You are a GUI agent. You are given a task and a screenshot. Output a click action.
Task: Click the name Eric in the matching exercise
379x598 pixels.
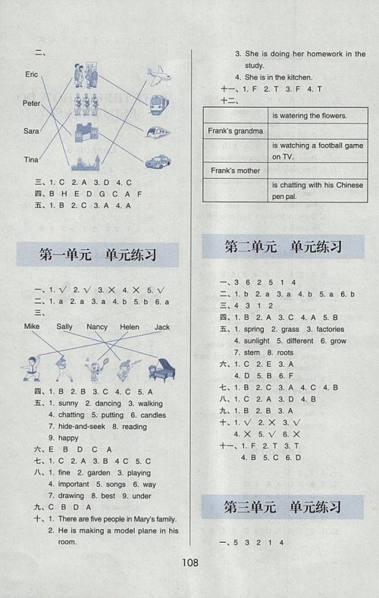point(31,74)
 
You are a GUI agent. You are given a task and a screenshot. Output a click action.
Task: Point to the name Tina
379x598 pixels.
point(31,159)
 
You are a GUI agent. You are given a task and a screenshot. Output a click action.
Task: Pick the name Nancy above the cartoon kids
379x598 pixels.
point(97,327)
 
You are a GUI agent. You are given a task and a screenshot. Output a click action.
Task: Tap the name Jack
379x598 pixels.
point(161,327)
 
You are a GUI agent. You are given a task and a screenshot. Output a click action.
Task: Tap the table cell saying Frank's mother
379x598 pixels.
point(234,171)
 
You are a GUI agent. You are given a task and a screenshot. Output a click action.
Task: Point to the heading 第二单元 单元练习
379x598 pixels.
point(283,248)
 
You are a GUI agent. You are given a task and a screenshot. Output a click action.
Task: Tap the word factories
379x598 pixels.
point(324,330)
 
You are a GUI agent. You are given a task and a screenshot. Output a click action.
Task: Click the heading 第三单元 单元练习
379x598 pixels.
point(283,507)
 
